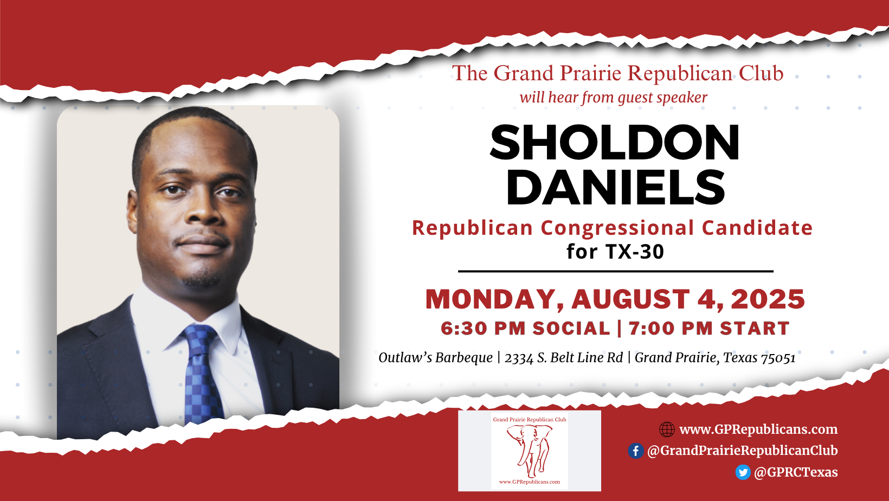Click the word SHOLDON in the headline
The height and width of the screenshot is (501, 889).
(x=615, y=142)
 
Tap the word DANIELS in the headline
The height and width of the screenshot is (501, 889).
(x=616, y=187)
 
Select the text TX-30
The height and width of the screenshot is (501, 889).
(x=634, y=252)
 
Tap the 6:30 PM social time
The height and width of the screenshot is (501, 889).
(x=525, y=329)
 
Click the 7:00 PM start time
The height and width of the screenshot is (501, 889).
(x=709, y=329)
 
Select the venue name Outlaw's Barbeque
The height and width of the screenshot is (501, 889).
(x=435, y=358)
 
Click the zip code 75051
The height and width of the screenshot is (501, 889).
(x=778, y=358)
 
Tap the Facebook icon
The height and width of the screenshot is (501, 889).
(x=635, y=451)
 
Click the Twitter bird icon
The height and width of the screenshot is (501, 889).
(x=743, y=472)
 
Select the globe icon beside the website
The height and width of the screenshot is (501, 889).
(x=667, y=429)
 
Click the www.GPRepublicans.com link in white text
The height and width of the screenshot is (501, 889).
(x=758, y=429)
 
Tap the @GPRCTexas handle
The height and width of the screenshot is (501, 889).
(x=796, y=472)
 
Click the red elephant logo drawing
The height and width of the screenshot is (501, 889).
(x=530, y=451)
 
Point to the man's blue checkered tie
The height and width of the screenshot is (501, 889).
(x=202, y=373)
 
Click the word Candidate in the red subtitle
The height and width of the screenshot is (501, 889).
(x=757, y=228)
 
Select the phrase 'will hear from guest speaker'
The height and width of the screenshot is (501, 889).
(x=614, y=98)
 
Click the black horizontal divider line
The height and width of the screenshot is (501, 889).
(x=616, y=272)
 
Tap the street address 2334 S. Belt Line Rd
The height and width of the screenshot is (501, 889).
(x=564, y=358)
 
